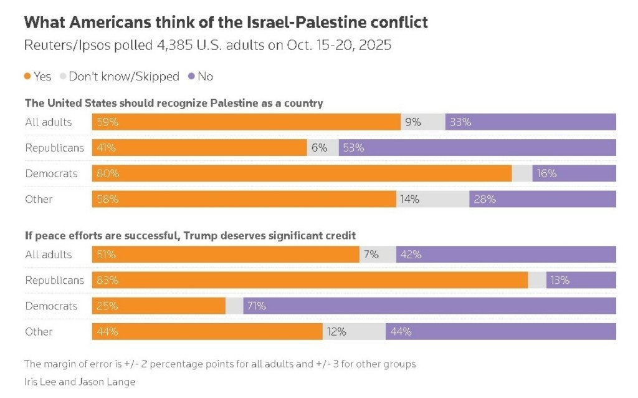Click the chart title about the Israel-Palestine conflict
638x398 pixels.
tap(226, 23)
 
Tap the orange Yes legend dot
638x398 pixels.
tap(27, 76)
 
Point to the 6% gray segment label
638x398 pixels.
tap(320, 148)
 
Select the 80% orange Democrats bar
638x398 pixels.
tap(302, 173)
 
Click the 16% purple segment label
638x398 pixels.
tap(546, 173)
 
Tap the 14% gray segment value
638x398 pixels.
tap(410, 199)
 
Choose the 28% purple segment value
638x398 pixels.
tap(484, 199)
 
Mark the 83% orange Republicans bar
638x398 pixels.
tap(310, 280)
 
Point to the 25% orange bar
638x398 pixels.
tap(158, 306)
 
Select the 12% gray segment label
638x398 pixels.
tap(336, 331)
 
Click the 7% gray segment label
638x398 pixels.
tap(371, 255)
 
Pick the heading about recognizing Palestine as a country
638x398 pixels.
tap(174, 103)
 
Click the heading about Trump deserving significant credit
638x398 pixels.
tap(190, 235)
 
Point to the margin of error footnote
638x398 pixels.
tap(219, 364)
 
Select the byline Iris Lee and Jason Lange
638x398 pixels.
tap(79, 381)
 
